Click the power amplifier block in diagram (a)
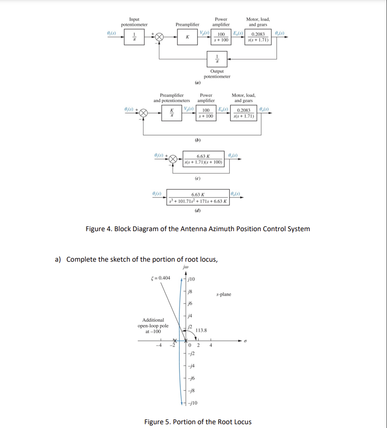pyautogui.click(x=221, y=37)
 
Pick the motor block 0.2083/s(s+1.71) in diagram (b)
pyautogui.click(x=244, y=114)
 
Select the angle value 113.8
pyautogui.click(x=201, y=330)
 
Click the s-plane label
pyautogui.click(x=224, y=294)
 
